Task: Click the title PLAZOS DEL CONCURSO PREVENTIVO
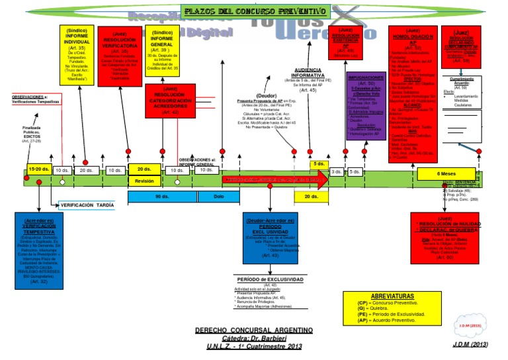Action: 255,11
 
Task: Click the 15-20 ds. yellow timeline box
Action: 38,170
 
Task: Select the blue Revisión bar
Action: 144,181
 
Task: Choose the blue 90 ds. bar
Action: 161,196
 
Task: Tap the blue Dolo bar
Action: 219,196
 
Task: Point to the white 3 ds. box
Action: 337,171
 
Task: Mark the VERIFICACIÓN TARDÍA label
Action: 87,205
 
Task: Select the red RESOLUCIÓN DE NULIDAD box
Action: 444,238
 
